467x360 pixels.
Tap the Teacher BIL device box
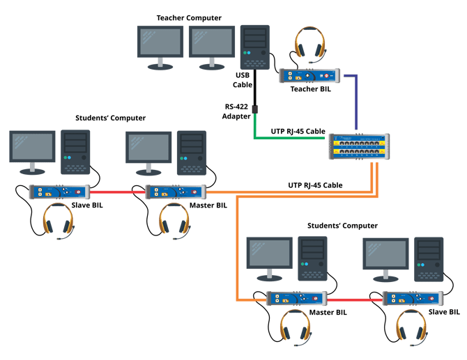pos(308,75)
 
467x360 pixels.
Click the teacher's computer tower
pos(254,47)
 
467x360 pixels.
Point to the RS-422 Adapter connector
pos(254,109)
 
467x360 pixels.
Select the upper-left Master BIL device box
pos(174,192)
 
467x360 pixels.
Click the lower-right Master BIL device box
pos(297,299)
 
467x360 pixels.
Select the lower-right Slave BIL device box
pos(413,299)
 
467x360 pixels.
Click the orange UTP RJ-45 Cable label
pos(315,185)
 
